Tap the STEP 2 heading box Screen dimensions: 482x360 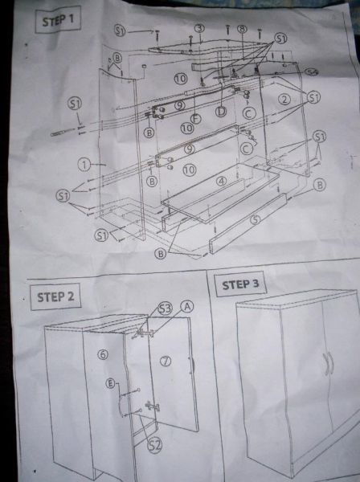coord(55,296)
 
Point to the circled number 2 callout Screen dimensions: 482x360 coord(284,100)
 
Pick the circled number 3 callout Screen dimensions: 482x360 coord(199,28)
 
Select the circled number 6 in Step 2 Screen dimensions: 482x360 coord(102,354)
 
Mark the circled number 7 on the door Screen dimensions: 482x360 coord(166,361)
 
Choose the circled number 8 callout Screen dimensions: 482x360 coord(241,29)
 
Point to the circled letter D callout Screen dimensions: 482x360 coord(220,111)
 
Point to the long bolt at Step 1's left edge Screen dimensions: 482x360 coord(63,131)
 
